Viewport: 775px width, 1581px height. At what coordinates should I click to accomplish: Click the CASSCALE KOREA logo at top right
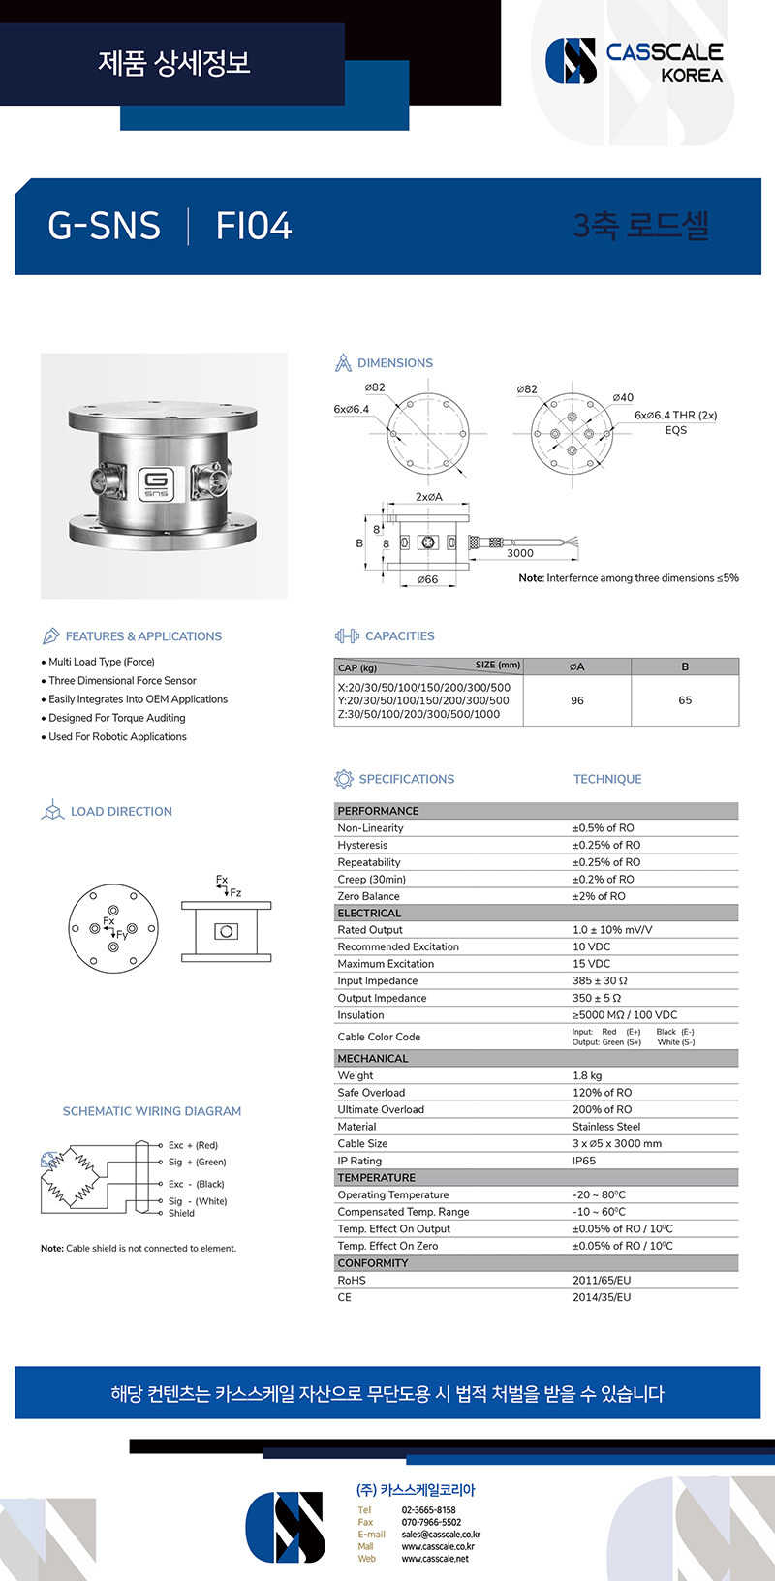pos(635,61)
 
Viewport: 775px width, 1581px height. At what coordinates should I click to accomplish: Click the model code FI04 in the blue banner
pos(254,226)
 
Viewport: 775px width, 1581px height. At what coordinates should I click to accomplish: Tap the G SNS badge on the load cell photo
pos(155,481)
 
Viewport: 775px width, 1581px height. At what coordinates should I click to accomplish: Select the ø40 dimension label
pos(623,397)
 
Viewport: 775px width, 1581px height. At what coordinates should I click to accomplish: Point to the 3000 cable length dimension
pos(520,553)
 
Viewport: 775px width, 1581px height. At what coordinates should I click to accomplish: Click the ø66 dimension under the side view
pos(427,579)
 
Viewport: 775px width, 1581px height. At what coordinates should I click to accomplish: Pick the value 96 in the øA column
pos(577,700)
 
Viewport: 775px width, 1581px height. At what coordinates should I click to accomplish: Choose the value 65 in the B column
pos(685,700)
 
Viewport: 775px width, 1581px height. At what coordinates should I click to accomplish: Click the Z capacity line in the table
pos(418,714)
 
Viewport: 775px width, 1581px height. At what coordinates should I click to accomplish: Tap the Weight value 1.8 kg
pos(587,1075)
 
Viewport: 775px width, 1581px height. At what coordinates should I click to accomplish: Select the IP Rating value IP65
pos(584,1161)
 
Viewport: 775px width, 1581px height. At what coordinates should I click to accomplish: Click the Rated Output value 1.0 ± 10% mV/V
pos(612,930)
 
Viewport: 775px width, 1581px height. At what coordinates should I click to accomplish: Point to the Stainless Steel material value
pos(606,1127)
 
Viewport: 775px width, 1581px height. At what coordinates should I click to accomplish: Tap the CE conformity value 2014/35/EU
pos(602,1297)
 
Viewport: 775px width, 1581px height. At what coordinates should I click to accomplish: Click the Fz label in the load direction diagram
pos(236,893)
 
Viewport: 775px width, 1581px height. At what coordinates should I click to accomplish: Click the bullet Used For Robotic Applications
pos(117,737)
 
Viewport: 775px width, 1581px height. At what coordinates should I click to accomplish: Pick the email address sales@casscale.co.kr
pos(441,1534)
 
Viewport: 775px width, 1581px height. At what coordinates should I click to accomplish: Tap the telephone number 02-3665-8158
pos(428,1510)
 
